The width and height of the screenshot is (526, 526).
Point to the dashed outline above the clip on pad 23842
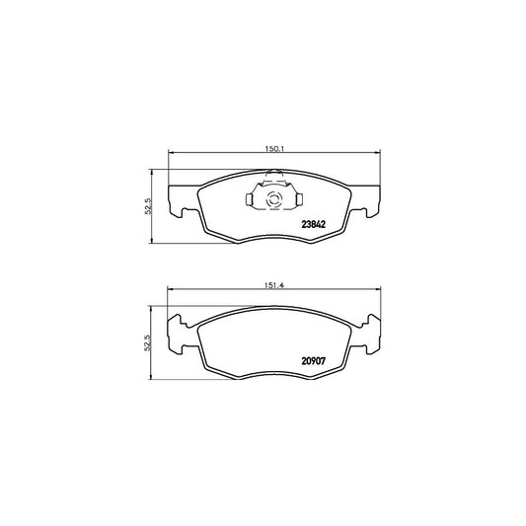click(x=274, y=177)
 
